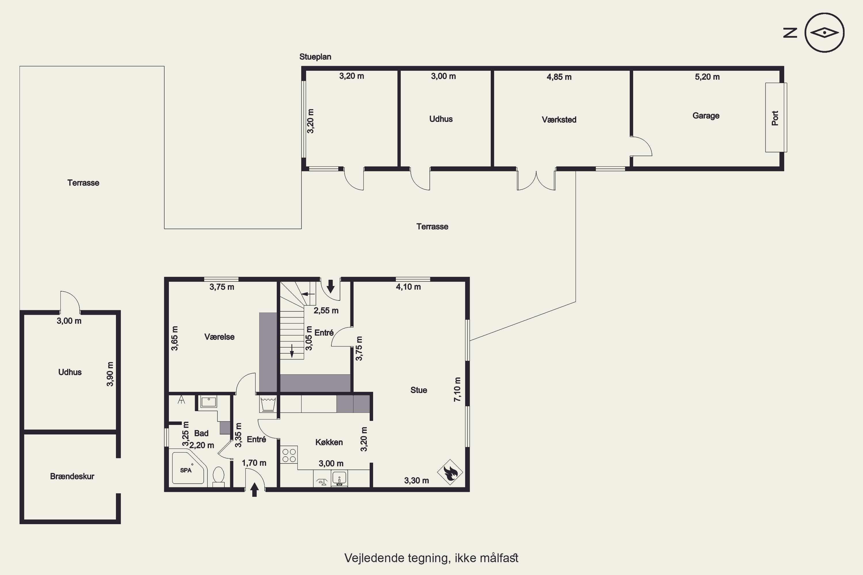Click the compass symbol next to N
tap(824, 33)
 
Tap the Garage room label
tap(706, 116)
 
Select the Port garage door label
tap(775, 118)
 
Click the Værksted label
tap(559, 120)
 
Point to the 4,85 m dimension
tap(559, 77)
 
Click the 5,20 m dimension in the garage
tap(707, 77)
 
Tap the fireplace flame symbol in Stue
tap(450, 472)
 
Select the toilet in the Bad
tap(219, 477)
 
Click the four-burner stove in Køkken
tap(289, 455)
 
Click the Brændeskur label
tap(72, 476)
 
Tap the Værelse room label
tap(219, 337)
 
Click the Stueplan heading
tap(315, 57)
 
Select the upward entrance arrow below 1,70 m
tap(254, 490)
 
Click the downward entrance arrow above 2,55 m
tap(331, 286)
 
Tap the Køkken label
tap(329, 442)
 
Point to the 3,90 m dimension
tap(110, 374)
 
